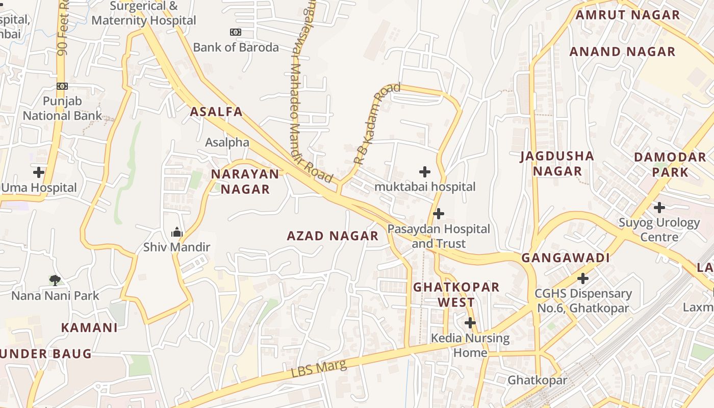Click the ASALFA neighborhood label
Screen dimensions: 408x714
(216, 112)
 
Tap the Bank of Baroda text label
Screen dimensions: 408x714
(236, 47)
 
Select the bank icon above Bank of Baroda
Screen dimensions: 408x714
(235, 32)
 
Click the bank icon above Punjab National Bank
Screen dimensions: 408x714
(62, 86)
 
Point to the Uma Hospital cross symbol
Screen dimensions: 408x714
(39, 172)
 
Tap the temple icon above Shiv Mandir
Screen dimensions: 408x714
(177, 233)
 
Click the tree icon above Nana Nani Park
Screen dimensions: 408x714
(55, 280)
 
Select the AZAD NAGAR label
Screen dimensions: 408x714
(333, 236)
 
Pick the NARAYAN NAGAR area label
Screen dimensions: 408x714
(245, 182)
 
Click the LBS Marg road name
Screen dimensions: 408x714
(319, 369)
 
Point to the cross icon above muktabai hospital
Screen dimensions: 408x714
(424, 172)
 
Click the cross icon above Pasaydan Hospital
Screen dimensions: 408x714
(438, 213)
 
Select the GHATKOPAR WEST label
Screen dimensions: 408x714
(456, 294)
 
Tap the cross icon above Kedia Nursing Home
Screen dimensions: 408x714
(470, 323)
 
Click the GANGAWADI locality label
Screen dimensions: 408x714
(566, 258)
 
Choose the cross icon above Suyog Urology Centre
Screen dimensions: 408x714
(659, 208)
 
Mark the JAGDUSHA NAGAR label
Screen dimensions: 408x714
(557, 163)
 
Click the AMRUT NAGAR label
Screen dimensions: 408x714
(628, 15)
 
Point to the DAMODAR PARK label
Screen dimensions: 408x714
(670, 164)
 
